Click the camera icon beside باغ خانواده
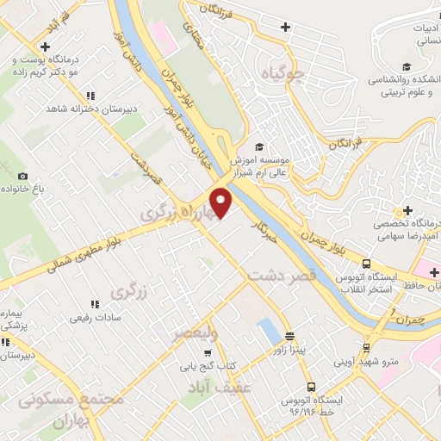[23, 176]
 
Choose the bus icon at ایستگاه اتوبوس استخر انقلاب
[367, 264]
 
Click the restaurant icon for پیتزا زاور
[289, 336]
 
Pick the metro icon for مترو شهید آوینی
[367, 348]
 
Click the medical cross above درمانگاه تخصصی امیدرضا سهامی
[407, 210]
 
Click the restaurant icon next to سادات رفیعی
[95, 303]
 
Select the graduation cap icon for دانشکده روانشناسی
[406, 66]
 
